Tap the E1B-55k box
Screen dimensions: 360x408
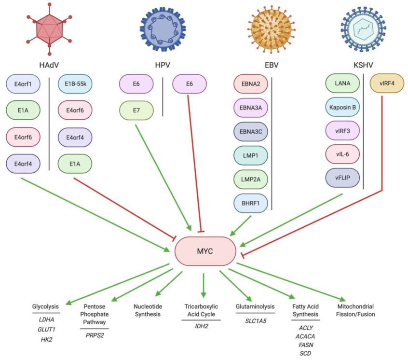coord(75,85)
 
